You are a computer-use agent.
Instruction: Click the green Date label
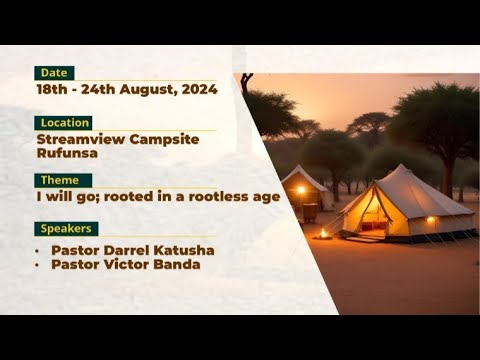click(54, 73)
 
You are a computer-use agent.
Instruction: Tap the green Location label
click(63, 123)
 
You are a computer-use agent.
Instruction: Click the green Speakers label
click(66, 229)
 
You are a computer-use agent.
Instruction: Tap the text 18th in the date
click(53, 89)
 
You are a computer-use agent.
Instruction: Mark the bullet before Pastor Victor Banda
click(38, 265)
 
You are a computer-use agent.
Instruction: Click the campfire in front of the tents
click(323, 233)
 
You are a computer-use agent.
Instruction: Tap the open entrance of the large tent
click(372, 214)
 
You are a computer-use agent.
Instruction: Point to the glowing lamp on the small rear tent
click(300, 190)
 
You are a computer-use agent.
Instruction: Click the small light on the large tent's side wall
click(430, 219)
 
